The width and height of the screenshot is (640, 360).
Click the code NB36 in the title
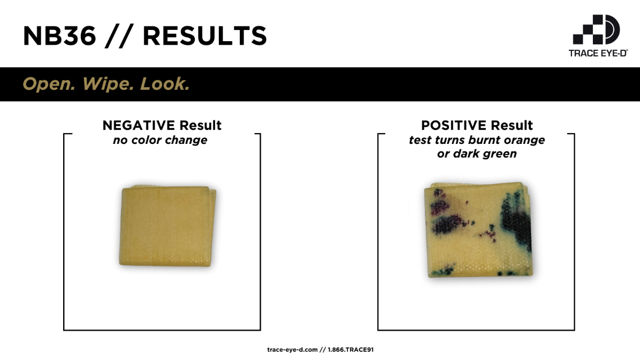tap(59, 36)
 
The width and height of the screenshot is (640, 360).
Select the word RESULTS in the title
tap(205, 36)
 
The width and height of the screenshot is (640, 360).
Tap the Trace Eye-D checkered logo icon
tap(596, 29)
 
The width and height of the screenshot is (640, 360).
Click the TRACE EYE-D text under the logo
tap(598, 53)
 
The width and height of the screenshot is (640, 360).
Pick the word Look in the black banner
tap(165, 83)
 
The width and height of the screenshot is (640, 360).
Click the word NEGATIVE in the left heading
tap(139, 125)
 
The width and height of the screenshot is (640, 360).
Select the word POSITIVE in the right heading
tap(453, 125)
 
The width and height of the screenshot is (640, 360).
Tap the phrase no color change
tap(160, 140)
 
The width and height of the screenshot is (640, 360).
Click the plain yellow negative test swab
tap(167, 226)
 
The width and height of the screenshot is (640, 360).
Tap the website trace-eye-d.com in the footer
tap(292, 350)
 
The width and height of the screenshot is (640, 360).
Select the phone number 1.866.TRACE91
tap(351, 350)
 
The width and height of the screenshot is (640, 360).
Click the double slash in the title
tap(119, 36)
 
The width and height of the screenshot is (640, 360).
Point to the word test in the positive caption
tap(421, 140)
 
